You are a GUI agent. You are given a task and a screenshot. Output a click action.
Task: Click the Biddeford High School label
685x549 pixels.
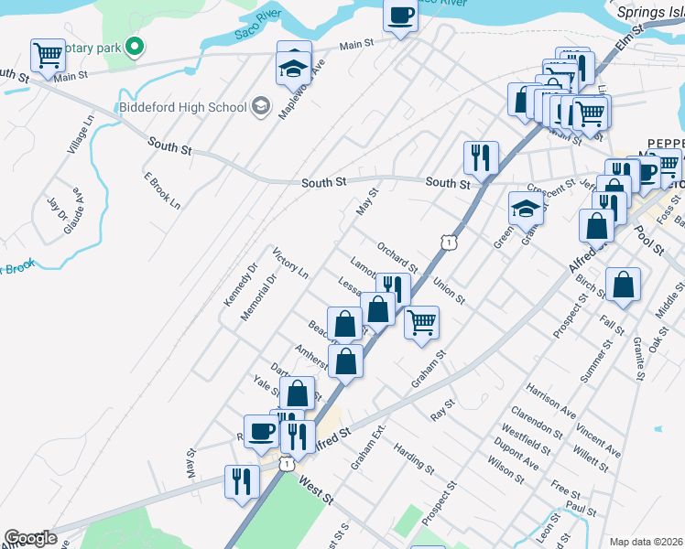pyautogui.click(x=183, y=107)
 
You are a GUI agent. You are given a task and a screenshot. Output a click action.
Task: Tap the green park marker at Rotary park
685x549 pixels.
pyautogui.click(x=134, y=46)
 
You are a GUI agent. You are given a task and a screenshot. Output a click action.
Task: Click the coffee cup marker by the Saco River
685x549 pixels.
pyautogui.click(x=401, y=16)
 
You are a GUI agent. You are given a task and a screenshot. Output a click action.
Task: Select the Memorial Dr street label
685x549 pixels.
pyautogui.click(x=258, y=296)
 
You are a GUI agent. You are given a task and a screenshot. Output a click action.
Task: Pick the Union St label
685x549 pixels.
pyautogui.click(x=450, y=292)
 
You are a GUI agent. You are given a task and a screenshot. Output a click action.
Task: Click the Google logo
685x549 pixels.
pyautogui.click(x=29, y=538)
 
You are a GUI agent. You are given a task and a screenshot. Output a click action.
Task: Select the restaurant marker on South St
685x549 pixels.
pyautogui.click(x=480, y=157)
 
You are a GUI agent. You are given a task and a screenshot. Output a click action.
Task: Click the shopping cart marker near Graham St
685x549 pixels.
pyautogui.click(x=420, y=322)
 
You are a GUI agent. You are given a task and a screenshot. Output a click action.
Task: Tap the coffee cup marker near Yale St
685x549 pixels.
pyautogui.click(x=260, y=430)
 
